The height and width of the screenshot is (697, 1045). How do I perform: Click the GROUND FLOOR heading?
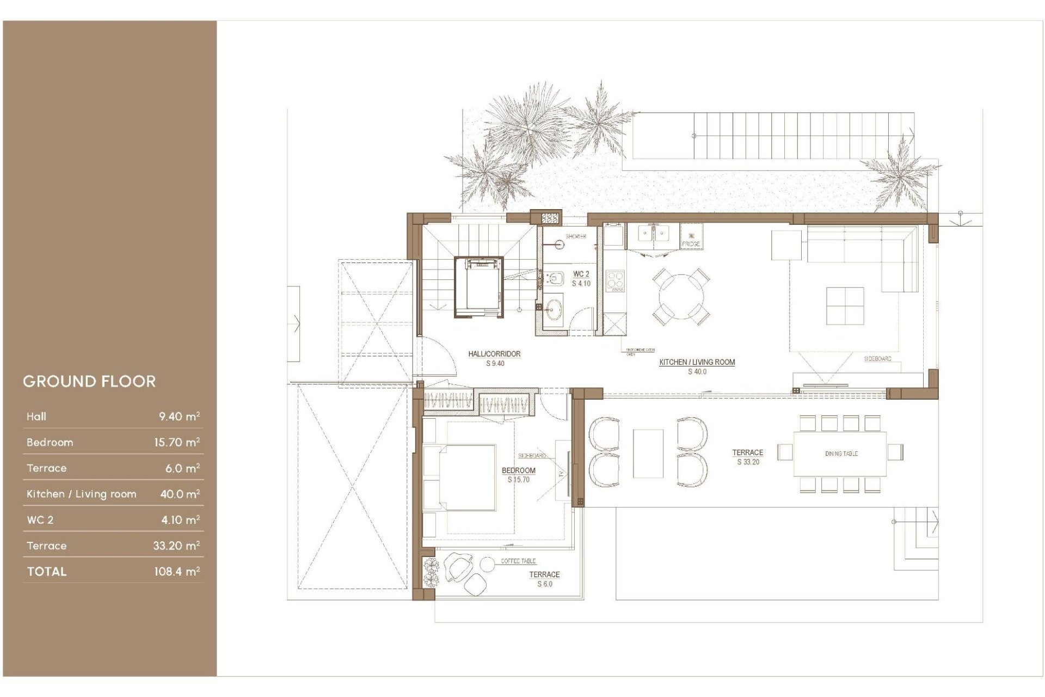[89, 381]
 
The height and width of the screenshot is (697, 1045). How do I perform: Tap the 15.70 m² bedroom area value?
[177, 442]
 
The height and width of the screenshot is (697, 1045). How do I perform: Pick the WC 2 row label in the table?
[40, 520]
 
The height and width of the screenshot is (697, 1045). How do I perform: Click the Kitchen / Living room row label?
[82, 494]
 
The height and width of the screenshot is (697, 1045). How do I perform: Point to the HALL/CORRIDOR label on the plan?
[494, 354]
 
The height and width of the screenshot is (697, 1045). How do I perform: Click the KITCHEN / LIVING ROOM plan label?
[697, 362]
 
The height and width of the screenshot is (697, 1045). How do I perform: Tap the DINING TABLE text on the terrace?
[841, 454]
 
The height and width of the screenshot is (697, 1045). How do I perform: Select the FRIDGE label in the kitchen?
[691, 244]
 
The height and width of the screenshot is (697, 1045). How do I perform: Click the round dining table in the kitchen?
[681, 297]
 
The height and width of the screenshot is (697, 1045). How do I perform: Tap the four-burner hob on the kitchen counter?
[616, 281]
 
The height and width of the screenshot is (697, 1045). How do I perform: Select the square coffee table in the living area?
[845, 306]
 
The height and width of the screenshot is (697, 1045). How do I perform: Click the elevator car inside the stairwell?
[479, 286]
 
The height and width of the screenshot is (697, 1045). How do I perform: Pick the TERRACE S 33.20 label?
[747, 457]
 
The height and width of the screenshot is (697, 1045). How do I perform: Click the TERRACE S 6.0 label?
[544, 579]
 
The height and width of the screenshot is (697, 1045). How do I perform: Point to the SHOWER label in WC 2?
[575, 236]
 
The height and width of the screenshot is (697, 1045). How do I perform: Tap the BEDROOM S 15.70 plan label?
[518, 475]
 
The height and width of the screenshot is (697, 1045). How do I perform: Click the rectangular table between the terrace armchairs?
[648, 454]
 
